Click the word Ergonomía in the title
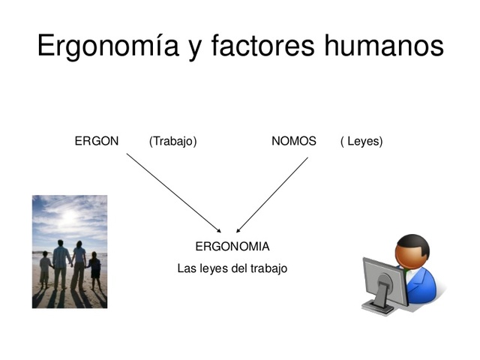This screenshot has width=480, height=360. (x=106, y=46)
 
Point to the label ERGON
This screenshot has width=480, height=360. (x=97, y=141)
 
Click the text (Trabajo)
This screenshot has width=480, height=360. (x=173, y=141)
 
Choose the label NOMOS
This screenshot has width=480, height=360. (x=294, y=141)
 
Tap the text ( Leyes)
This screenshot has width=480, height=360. (x=361, y=141)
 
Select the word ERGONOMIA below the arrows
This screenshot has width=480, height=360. (x=232, y=246)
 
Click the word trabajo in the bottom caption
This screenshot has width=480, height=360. (x=268, y=268)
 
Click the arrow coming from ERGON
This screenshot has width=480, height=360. (x=174, y=193)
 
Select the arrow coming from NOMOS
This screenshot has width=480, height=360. (x=272, y=194)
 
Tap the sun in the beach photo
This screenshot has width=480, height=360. (x=68, y=217)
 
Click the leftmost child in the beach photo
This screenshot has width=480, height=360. (x=45, y=270)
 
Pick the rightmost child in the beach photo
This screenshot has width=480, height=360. (x=95, y=270)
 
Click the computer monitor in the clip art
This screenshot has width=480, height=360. (x=385, y=281)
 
